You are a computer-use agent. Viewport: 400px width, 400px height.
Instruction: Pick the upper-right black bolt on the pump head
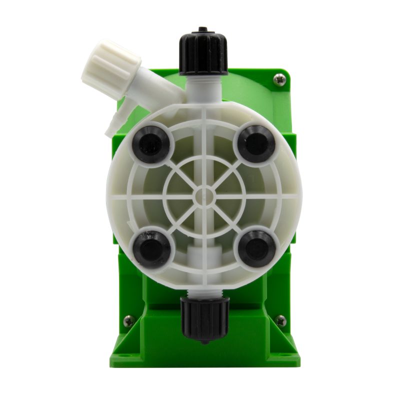coord(256,143)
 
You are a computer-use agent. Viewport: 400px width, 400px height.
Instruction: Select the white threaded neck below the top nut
coord(203,85)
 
